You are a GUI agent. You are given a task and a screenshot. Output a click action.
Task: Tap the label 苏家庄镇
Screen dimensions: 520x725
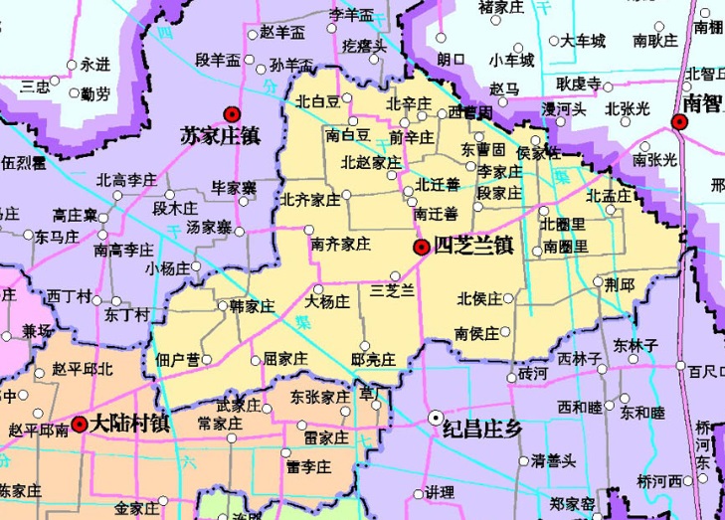point(220,135)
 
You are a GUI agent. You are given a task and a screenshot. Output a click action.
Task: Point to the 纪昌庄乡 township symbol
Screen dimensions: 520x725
point(436,418)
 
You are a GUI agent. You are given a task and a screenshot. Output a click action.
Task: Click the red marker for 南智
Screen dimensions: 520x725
point(680,122)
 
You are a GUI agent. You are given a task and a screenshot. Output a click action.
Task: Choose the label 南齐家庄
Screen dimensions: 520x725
point(340,243)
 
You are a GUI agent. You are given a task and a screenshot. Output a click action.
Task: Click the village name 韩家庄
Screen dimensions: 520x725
point(252,304)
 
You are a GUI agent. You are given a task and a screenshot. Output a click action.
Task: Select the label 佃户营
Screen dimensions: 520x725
point(177,358)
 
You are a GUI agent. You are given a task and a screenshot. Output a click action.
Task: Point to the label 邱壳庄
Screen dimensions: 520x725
point(374,358)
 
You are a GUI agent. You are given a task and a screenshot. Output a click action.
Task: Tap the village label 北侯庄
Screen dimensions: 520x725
point(478,298)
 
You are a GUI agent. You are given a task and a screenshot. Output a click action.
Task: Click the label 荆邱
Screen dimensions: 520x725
point(620,284)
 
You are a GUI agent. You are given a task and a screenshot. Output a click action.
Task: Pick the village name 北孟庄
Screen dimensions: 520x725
point(609,195)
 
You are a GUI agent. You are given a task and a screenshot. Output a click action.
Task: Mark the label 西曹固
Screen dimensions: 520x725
point(470,112)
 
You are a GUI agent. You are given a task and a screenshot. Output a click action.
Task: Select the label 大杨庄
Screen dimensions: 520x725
point(328,300)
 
